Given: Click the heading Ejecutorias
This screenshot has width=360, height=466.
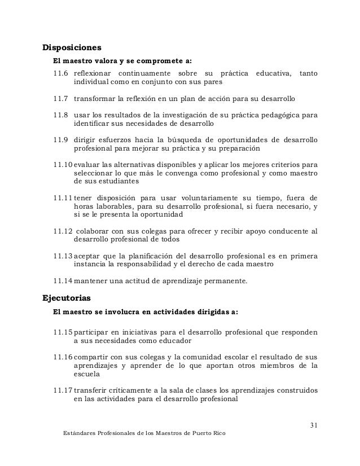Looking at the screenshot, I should tap(67, 297).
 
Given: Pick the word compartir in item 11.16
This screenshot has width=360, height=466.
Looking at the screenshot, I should tap(91, 357).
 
